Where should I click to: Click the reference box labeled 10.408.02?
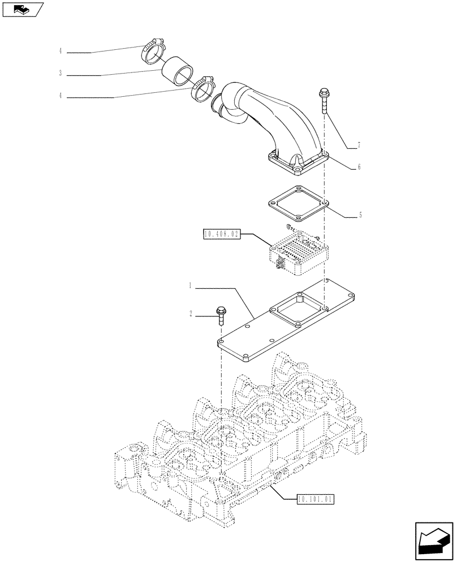point(221,233)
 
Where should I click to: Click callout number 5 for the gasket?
point(361,215)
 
